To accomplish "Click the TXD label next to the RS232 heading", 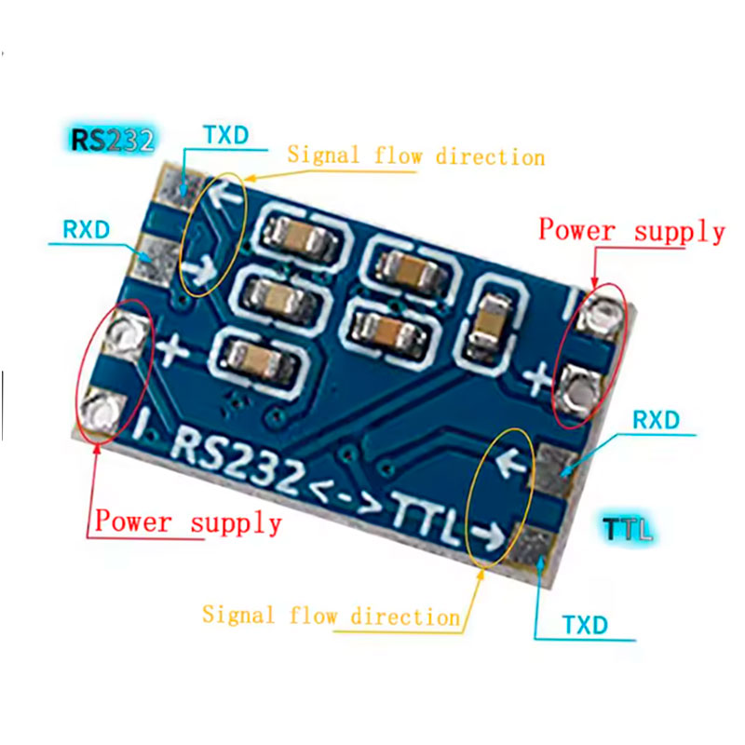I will pyautogui.click(x=226, y=135).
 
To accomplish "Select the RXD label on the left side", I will pyautogui.click(x=87, y=229).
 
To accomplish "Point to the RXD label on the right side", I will pyautogui.click(x=657, y=420).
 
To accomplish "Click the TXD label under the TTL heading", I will pyautogui.click(x=587, y=625).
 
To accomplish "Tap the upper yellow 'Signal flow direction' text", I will pyautogui.click(x=415, y=156).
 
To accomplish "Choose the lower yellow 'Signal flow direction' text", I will pyautogui.click(x=332, y=616).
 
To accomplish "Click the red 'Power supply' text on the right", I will pyautogui.click(x=631, y=231).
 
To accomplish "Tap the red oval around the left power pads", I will pyautogui.click(x=115, y=371).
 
